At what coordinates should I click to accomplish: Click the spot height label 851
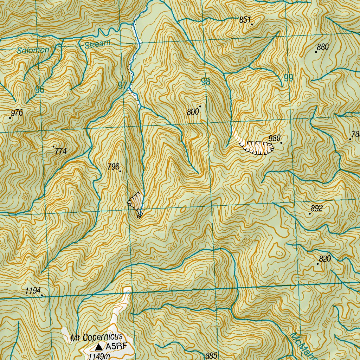245,20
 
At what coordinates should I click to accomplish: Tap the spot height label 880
322,47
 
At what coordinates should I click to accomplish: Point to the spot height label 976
17,113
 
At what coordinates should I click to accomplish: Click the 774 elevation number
60,152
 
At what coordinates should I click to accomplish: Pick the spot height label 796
114,167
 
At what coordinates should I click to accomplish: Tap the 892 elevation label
316,208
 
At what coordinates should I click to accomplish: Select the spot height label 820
325,259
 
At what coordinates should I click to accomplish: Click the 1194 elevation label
33,291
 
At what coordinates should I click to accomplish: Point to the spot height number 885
211,356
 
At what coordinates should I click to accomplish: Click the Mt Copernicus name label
96,338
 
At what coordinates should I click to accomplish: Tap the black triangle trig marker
99,347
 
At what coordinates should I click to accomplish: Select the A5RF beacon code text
115,347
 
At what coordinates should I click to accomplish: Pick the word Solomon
33,50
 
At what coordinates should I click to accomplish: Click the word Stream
97,44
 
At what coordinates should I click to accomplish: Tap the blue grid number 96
40,90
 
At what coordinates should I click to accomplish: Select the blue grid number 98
205,82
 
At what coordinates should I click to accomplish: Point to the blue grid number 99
288,78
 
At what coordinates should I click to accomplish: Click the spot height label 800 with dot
193,112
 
